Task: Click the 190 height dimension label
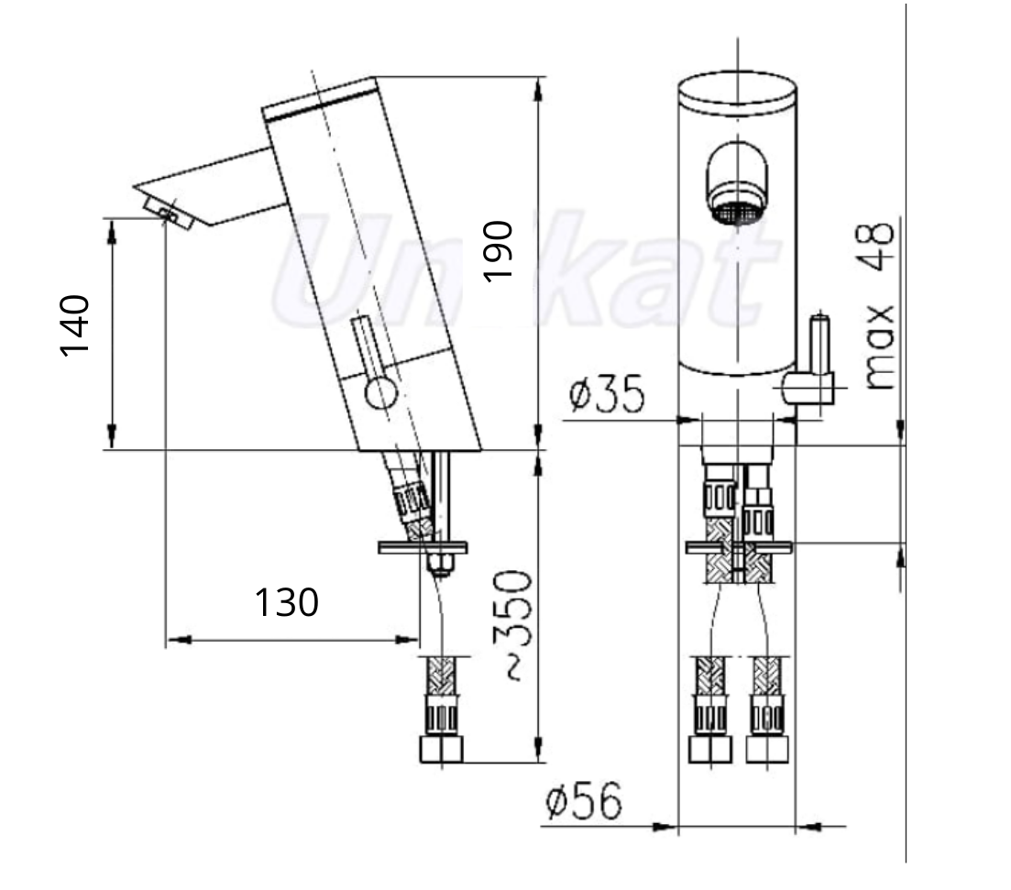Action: [498, 251]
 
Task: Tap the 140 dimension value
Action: [75, 325]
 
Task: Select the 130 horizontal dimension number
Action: [287, 602]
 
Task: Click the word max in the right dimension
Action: [878, 347]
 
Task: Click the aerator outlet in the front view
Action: [737, 213]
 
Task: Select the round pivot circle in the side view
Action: [381, 393]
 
